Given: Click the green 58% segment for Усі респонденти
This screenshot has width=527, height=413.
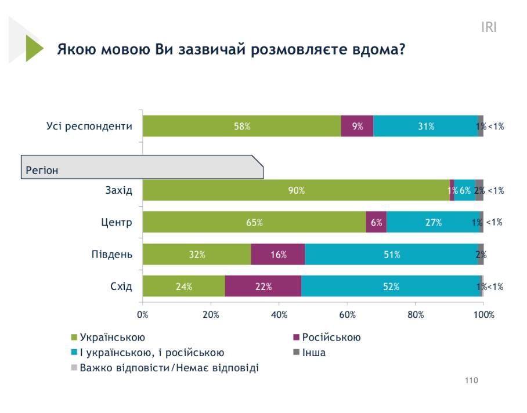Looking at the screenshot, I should click(x=242, y=126).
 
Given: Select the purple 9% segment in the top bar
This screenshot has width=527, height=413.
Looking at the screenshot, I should click(x=357, y=126).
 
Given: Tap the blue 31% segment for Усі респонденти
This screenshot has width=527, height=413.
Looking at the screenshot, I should click(x=425, y=126).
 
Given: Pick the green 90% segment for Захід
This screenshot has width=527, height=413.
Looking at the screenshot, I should click(x=296, y=190).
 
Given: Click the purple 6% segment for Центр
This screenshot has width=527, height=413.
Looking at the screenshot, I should click(x=376, y=222).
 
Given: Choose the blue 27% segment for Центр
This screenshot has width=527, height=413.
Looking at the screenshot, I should click(x=433, y=222).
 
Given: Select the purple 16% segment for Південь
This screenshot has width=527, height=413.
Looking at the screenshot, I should click(x=278, y=254).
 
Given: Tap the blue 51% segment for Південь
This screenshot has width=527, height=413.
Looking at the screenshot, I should click(x=391, y=254).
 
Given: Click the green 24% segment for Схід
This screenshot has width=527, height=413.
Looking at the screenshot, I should click(x=184, y=286).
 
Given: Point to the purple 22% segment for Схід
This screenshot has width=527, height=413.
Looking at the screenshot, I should click(x=263, y=286).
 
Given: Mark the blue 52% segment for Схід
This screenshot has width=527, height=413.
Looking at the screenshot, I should click(x=391, y=286).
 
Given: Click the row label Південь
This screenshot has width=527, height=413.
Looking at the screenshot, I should click(x=111, y=254).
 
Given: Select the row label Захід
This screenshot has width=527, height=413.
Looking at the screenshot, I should click(x=119, y=190).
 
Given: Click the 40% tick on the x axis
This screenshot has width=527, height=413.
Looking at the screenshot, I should click(x=279, y=315).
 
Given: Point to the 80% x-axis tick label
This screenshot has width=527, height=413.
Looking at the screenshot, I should click(x=416, y=315).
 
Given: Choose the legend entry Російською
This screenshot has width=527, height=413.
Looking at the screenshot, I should click(x=331, y=338).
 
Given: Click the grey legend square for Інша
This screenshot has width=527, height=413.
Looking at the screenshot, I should click(x=296, y=352).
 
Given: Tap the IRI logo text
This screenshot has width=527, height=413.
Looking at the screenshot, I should click(x=489, y=27).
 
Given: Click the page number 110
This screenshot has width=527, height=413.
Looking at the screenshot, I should click(x=471, y=381).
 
